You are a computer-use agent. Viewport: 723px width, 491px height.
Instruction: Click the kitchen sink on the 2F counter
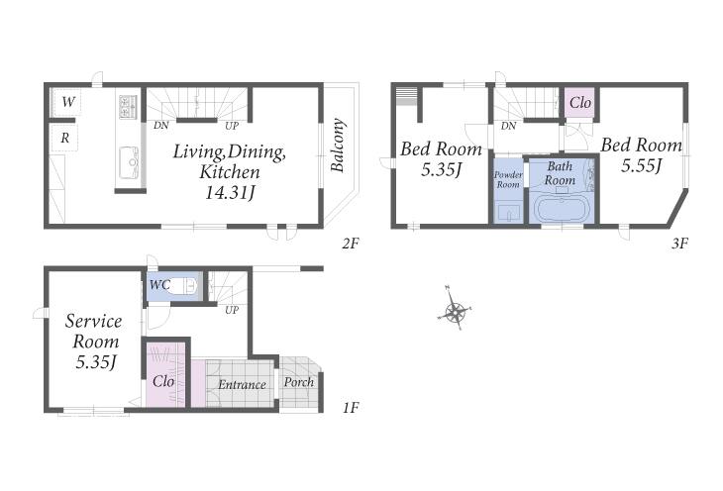[x=130, y=162]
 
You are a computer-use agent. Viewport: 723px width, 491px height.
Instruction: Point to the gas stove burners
[x=128, y=107]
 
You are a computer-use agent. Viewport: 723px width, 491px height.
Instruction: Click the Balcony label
[x=338, y=146]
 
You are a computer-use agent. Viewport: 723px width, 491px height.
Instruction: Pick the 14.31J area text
[x=230, y=193]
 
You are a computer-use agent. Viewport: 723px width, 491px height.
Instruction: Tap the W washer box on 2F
[x=67, y=101]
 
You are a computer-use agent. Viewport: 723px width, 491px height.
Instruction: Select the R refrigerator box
[x=64, y=138]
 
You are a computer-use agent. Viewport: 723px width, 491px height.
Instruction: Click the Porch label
[x=299, y=382]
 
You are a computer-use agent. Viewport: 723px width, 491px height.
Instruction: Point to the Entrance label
[x=242, y=384]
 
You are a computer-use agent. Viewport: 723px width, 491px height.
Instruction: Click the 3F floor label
[x=679, y=243]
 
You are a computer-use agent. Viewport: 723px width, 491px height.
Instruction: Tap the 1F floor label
[x=351, y=408]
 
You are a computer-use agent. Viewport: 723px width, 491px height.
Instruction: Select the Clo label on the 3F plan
[x=580, y=102]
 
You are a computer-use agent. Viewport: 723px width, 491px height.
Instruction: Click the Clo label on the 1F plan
[x=163, y=381]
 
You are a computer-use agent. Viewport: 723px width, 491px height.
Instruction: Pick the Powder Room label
[x=508, y=179]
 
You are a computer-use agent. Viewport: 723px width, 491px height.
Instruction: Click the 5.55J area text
[x=642, y=165]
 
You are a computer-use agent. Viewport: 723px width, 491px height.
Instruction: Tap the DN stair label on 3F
[x=508, y=126]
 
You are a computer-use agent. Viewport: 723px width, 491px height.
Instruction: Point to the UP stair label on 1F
[x=232, y=310]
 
